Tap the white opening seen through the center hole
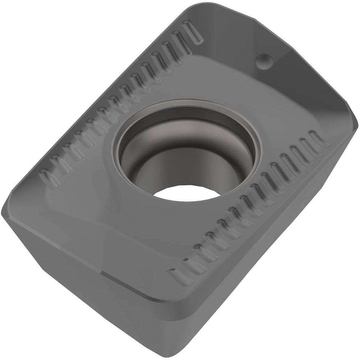click(187, 193)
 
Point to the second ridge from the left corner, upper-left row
click(60, 164)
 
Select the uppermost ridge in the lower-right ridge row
click(317, 138)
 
